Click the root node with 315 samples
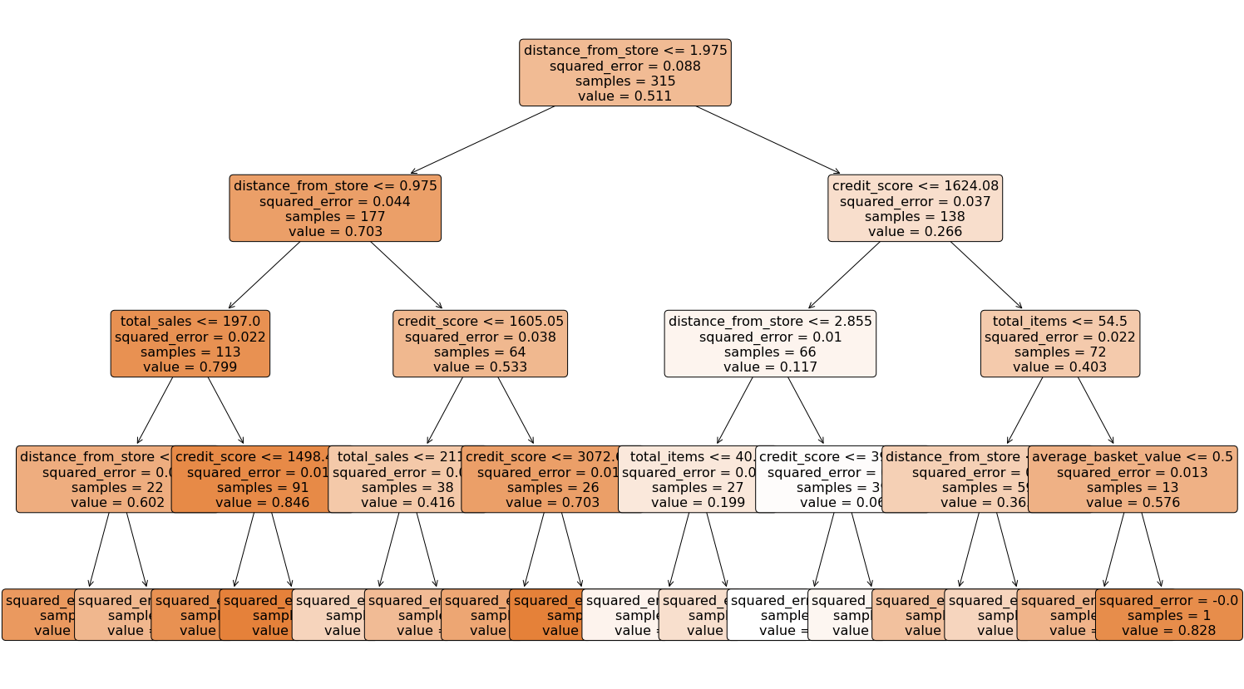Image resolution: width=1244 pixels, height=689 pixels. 624,72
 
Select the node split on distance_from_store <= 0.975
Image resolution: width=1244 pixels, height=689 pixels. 335,208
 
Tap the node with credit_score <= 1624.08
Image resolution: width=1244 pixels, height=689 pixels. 915,208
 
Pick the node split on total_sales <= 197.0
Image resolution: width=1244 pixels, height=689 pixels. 190,343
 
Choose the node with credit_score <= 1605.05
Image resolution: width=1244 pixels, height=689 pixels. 480,343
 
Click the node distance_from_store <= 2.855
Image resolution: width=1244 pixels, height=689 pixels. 770,343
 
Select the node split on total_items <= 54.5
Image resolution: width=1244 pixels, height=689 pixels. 1059,343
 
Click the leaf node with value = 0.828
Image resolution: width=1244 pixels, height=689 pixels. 1168,615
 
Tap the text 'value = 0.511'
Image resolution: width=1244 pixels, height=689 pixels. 624,96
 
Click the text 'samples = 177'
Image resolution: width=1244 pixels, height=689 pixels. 335,216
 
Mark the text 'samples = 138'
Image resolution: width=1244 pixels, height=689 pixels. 915,216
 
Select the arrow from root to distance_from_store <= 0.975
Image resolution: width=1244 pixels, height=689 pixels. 482,140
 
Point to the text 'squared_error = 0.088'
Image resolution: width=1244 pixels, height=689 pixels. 624,66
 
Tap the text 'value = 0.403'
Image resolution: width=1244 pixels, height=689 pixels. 1059,367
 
